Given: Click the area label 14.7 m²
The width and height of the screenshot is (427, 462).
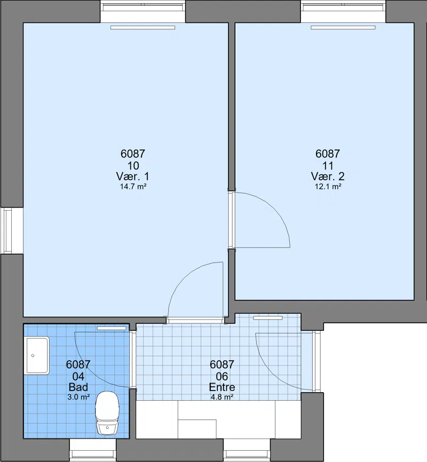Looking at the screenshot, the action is pyautogui.click(x=133, y=187).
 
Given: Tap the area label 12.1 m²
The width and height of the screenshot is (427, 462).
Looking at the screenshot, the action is pyautogui.click(x=328, y=187).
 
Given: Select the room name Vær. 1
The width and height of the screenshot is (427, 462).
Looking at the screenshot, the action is pyautogui.click(x=133, y=177).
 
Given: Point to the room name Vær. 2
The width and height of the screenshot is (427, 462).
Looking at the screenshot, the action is pyautogui.click(x=328, y=177).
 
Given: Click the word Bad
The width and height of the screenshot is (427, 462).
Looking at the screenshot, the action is pyautogui.click(x=78, y=387).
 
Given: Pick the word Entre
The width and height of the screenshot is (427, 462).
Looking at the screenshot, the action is pyautogui.click(x=222, y=387).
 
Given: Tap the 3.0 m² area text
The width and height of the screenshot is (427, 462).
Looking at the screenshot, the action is pyautogui.click(x=78, y=397).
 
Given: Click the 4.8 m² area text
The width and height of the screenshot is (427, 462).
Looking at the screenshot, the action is pyautogui.click(x=222, y=397).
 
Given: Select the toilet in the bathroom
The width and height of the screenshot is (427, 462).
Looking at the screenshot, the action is pyautogui.click(x=107, y=413).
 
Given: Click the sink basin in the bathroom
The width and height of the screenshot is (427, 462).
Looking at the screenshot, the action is pyautogui.click(x=37, y=356).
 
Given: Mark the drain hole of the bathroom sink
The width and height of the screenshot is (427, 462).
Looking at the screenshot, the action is pyautogui.click(x=33, y=355).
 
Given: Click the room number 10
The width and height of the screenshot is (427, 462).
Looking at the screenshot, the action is pyautogui.click(x=133, y=165).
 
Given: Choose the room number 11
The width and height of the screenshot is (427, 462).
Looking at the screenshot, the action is pyautogui.click(x=328, y=165).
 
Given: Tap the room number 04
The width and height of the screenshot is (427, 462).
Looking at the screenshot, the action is pyautogui.click(x=78, y=376).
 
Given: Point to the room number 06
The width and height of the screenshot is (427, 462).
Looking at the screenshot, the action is pyautogui.click(x=222, y=376).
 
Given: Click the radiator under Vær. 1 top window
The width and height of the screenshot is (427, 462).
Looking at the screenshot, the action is pyautogui.click(x=143, y=27).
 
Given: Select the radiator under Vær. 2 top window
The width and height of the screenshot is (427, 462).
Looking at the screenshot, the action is pyautogui.click(x=343, y=27).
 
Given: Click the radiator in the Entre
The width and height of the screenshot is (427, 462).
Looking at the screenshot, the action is pyautogui.click(x=268, y=318).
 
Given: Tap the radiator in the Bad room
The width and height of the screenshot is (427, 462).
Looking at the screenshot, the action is pyautogui.click(x=112, y=328).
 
